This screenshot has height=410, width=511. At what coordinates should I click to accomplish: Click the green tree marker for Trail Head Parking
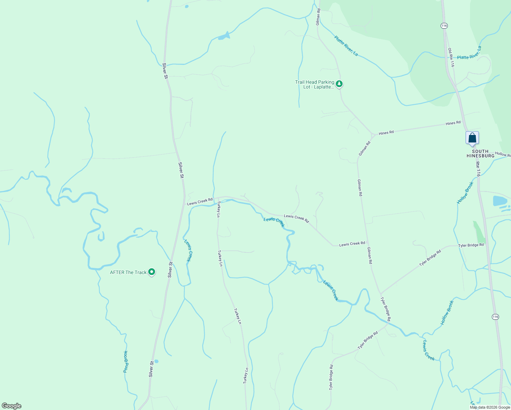point(339,84)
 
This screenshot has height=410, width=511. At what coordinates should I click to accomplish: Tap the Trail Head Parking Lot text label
point(315,84)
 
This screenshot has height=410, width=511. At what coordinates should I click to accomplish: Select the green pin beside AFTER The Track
point(152,272)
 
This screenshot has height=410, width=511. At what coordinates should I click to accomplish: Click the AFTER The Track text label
point(128,272)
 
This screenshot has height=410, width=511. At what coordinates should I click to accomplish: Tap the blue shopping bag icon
point(472,138)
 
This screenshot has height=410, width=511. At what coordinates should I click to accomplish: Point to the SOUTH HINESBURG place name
point(480,153)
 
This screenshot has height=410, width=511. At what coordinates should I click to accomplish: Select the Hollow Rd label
point(503,154)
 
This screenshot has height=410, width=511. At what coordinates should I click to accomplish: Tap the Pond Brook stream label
point(126,361)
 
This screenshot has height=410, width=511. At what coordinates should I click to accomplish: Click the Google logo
point(12,406)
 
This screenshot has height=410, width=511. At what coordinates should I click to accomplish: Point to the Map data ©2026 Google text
point(489,407)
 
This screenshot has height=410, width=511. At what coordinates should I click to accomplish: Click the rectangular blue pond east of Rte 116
point(500,201)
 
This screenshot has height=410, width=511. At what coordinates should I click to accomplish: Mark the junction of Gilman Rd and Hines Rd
point(372,134)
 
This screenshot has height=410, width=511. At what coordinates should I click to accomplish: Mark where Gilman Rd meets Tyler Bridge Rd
point(381,294)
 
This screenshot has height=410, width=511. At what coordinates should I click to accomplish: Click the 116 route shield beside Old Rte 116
point(444,26)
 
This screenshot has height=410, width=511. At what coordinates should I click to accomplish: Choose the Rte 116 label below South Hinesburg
point(478,169)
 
